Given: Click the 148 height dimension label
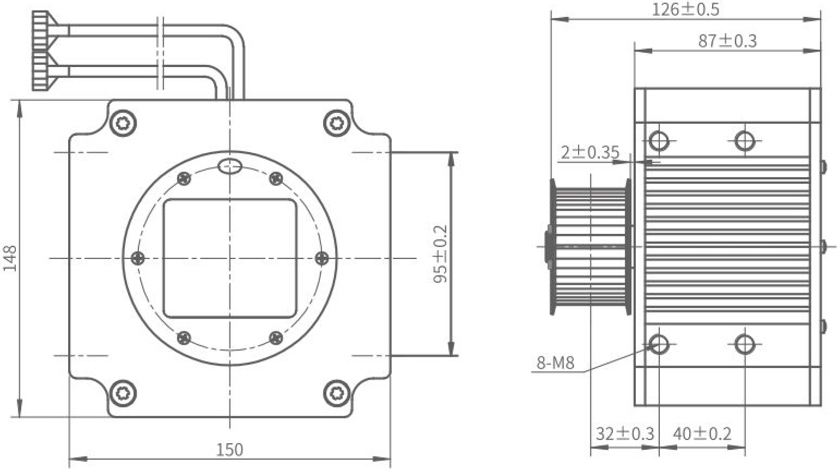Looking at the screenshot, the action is pyautogui.click(x=10, y=258).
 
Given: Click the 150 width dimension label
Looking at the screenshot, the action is pyautogui.click(x=229, y=450).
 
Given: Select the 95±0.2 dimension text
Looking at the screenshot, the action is pyautogui.click(x=440, y=254).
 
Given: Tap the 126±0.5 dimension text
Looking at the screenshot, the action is pyautogui.click(x=685, y=10).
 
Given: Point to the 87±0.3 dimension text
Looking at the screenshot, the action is pyautogui.click(x=727, y=41).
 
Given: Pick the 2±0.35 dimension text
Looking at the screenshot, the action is pyautogui.click(x=590, y=152).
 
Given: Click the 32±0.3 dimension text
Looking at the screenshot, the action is pyautogui.click(x=625, y=433).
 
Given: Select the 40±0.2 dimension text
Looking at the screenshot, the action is pyautogui.click(x=702, y=433).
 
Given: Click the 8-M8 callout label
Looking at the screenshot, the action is pyautogui.click(x=556, y=363).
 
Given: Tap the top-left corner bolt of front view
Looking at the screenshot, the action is pyautogui.click(x=123, y=123).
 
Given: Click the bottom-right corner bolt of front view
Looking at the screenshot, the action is pyautogui.click(x=337, y=393).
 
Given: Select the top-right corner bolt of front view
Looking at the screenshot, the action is pyautogui.click(x=337, y=123).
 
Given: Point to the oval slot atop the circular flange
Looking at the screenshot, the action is pyautogui.click(x=229, y=166).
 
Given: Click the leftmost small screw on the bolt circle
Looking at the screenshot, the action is pyautogui.click(x=138, y=258).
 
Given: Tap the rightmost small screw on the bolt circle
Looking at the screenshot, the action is pyautogui.click(x=322, y=258).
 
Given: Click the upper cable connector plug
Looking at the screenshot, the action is pyautogui.click(x=45, y=31).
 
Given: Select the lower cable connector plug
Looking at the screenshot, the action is pyautogui.click(x=45, y=71).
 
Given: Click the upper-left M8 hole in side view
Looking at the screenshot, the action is pyautogui.click(x=659, y=141).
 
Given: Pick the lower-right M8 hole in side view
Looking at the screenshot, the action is pyautogui.click(x=745, y=344).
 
